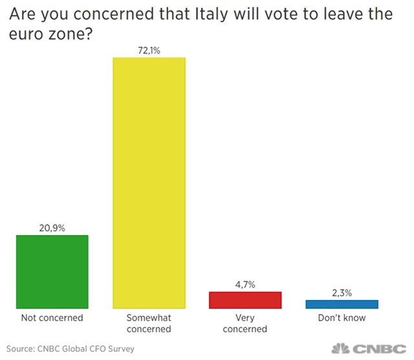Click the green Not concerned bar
[52, 271]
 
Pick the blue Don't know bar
[342, 304]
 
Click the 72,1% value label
[149, 49]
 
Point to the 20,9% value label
[52, 227]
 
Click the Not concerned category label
[52, 318]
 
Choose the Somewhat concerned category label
[149, 323]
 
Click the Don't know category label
[342, 318]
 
